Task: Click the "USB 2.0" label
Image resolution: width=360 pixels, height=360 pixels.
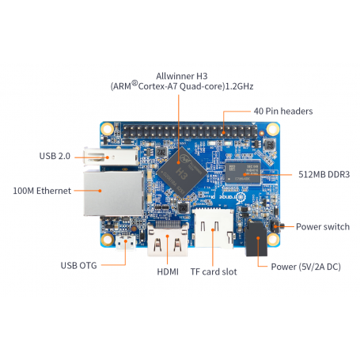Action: [x=55, y=156]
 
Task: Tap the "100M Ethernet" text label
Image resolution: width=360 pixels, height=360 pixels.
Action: [x=42, y=191]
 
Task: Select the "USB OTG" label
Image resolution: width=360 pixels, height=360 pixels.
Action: [x=78, y=265]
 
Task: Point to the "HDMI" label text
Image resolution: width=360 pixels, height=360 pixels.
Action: [x=168, y=271]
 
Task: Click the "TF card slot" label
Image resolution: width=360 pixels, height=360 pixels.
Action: [x=214, y=271]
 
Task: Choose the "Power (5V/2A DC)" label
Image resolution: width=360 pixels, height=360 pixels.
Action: [x=306, y=267]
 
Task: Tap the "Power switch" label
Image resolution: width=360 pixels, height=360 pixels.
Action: [x=323, y=226]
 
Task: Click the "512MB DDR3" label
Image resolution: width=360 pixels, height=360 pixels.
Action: [x=324, y=174]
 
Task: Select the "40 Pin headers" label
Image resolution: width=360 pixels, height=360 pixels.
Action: [x=283, y=111]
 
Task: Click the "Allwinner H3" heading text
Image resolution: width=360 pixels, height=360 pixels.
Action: [x=182, y=76]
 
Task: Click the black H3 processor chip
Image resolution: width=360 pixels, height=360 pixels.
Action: [x=182, y=172]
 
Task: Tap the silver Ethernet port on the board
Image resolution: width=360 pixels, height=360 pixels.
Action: [x=114, y=193]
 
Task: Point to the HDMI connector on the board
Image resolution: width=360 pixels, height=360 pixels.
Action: [x=168, y=239]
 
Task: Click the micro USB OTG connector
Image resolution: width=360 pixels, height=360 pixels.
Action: [x=126, y=242]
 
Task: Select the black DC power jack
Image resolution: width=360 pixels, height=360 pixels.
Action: [x=256, y=239]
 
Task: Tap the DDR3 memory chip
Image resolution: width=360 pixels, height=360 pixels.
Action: [x=243, y=172]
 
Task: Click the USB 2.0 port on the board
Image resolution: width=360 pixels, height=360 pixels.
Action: [x=112, y=157]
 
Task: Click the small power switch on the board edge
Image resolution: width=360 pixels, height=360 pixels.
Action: [x=278, y=226]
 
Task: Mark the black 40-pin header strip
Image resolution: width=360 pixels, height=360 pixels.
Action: [x=190, y=131]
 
